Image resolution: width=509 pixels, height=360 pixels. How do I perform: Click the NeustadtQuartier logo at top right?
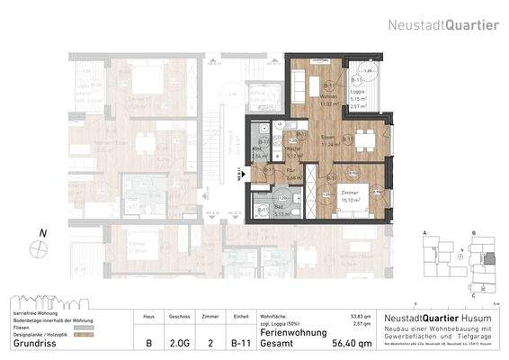[443, 25]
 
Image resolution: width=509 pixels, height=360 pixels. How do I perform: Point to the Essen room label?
[330, 137]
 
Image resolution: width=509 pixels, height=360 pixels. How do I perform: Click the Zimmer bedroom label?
[351, 194]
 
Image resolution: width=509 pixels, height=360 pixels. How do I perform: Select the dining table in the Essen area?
[364, 139]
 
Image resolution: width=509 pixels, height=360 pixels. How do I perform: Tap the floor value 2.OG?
[180, 343]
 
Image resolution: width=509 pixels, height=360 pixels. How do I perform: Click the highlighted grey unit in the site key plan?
[488, 259]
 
